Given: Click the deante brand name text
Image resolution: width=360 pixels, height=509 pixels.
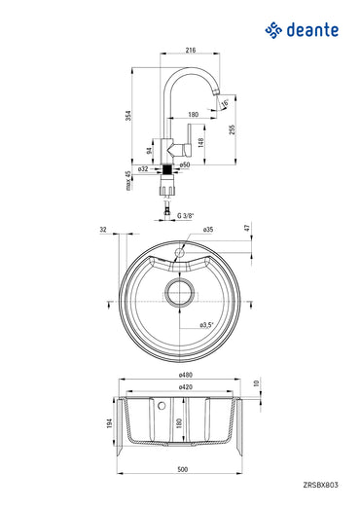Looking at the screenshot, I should [312, 31].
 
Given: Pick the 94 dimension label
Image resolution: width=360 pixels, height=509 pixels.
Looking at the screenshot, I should [149, 152].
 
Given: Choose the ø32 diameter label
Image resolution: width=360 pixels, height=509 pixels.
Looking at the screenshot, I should [142, 168].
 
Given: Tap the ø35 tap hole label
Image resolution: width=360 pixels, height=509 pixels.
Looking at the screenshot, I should [208, 230].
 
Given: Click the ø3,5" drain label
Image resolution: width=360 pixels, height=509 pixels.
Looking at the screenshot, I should [205, 323].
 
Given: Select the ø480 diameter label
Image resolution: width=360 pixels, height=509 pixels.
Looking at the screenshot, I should [184, 375].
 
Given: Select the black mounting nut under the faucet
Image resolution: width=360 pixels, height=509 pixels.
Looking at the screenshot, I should [170, 168].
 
